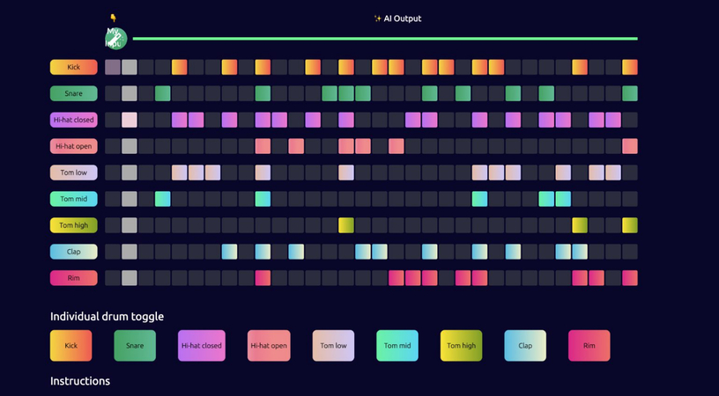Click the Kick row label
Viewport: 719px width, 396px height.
pyautogui.click(x=73, y=67)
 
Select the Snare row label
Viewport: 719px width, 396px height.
pyautogui.click(x=73, y=93)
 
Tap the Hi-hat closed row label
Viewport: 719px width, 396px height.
pyautogui.click(x=73, y=120)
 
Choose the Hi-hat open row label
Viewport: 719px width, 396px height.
pyautogui.click(x=73, y=146)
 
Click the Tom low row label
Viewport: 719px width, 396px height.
pyautogui.click(x=73, y=172)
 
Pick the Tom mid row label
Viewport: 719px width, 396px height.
pyautogui.click(x=73, y=199)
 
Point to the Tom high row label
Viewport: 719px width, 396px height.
pyautogui.click(x=73, y=225)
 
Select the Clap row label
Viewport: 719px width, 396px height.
pyautogui.click(x=73, y=252)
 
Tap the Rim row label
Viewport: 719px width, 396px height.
pyautogui.click(x=73, y=278)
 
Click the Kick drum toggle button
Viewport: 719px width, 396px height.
pyautogui.click(x=70, y=346)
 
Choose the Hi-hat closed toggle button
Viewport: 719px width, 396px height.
pyautogui.click(x=202, y=346)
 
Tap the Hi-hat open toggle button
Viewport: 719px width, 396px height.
pyautogui.click(x=269, y=346)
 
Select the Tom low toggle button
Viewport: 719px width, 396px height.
pyautogui.click(x=333, y=346)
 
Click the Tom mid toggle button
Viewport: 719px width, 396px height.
pyautogui.click(x=397, y=346)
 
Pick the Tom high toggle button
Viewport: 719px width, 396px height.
pyautogui.click(x=461, y=346)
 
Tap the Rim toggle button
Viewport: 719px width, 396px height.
pyautogui.click(x=589, y=346)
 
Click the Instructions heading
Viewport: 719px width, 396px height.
pyautogui.click(x=80, y=381)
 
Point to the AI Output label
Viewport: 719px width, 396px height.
pyautogui.click(x=397, y=18)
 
